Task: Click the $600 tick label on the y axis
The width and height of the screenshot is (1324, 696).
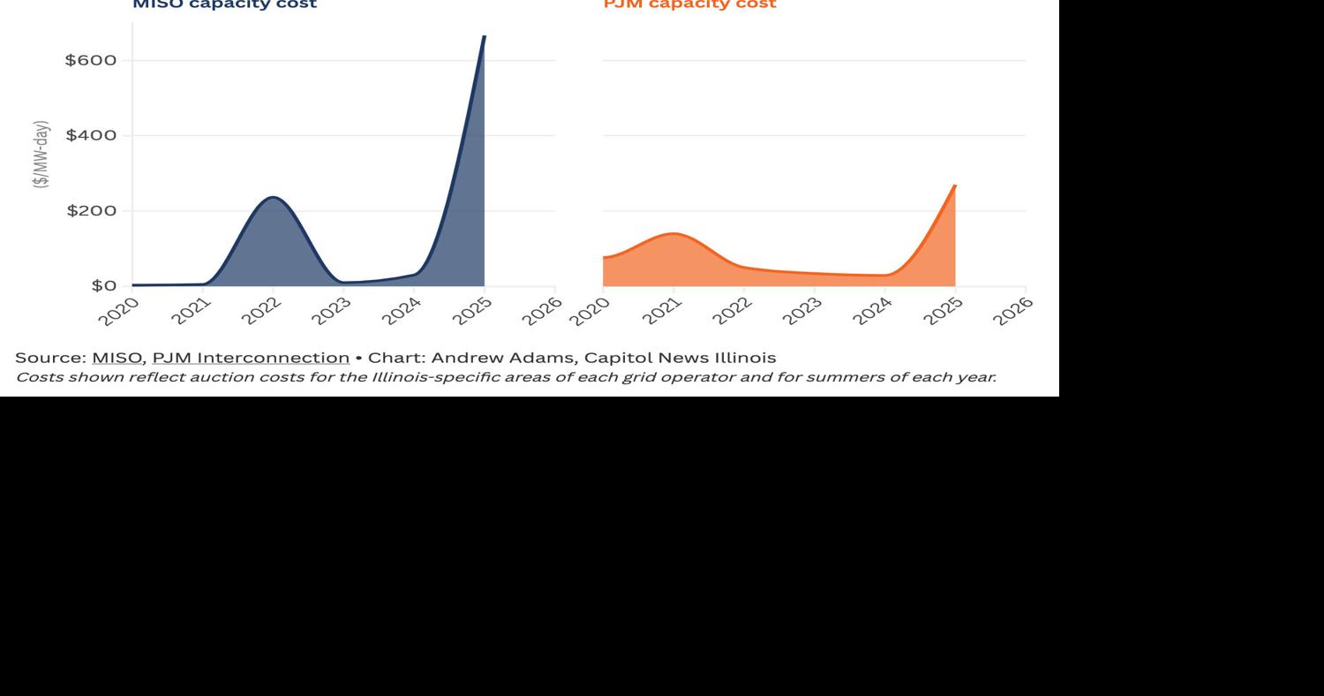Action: pyautogui.click(x=91, y=60)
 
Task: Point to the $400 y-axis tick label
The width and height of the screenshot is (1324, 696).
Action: pyautogui.click(x=91, y=135)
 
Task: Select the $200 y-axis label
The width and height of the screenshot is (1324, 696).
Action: pyautogui.click(x=91, y=211)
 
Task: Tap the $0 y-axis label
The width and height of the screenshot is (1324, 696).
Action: pyautogui.click(x=103, y=286)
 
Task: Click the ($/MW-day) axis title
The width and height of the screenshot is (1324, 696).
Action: pyautogui.click(x=41, y=154)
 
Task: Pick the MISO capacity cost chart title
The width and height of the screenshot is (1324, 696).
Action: pyautogui.click(x=224, y=4)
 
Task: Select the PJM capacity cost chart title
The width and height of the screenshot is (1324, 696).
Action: pyautogui.click(x=689, y=4)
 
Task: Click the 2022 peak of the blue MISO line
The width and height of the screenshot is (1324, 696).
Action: pyautogui.click(x=273, y=197)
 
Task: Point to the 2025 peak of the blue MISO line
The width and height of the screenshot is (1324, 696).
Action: pyautogui.click(x=484, y=37)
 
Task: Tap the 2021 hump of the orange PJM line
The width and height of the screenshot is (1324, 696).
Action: pyautogui.click(x=673, y=234)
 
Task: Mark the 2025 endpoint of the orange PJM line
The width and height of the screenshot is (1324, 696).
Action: pyautogui.click(x=954, y=186)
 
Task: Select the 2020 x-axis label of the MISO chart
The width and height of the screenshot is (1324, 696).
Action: pyautogui.click(x=120, y=311)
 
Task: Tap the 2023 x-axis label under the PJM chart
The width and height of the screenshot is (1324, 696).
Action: pyautogui.click(x=802, y=311)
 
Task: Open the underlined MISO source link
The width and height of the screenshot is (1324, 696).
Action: pyautogui.click(x=117, y=358)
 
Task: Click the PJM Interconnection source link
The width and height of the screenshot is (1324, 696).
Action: pyautogui.click(x=251, y=358)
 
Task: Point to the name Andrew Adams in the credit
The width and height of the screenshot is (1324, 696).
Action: pyautogui.click(x=501, y=358)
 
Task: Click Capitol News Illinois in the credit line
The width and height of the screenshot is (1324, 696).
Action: pyautogui.click(x=680, y=358)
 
